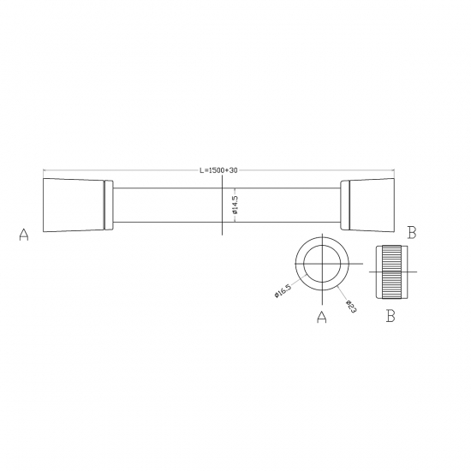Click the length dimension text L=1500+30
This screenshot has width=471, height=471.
coord(218,170)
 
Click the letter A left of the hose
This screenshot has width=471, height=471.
coord(24,235)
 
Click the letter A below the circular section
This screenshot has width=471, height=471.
coord(322,319)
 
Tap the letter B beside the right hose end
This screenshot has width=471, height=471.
coord(412,232)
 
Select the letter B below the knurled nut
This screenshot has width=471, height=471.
coord(390,317)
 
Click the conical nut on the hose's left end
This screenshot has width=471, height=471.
coord(72,206)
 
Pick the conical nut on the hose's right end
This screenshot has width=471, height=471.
coord(371,206)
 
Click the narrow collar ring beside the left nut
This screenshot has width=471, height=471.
coord(108,206)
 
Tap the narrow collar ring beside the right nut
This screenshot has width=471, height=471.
coord(344,206)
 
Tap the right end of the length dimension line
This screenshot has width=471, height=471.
coord(394,171)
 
